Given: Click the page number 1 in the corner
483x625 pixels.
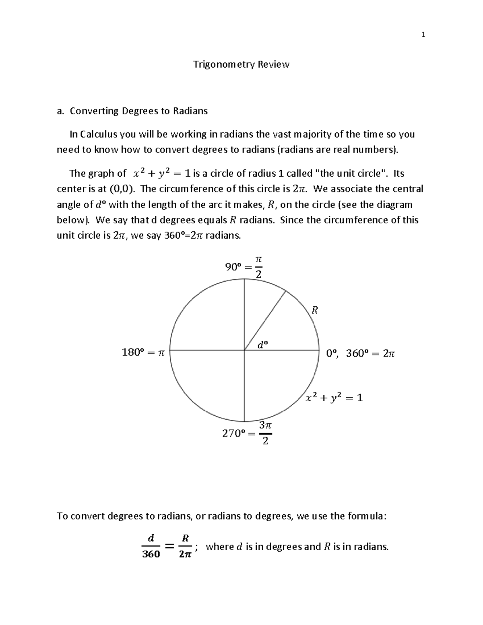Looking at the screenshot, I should pyautogui.click(x=423, y=35).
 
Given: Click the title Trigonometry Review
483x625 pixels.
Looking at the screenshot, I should pyautogui.click(x=241, y=64).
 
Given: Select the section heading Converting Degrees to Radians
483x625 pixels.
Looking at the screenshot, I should pyautogui.click(x=138, y=111).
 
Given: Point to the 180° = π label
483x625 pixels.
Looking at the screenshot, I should pyautogui.click(x=143, y=353).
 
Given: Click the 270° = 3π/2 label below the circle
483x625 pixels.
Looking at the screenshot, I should pyautogui.click(x=247, y=433).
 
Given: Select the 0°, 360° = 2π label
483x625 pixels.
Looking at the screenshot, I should pyautogui.click(x=360, y=353).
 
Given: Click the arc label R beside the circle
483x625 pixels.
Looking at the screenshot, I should pyautogui.click(x=315, y=310).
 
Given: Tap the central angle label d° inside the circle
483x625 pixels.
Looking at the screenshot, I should pyautogui.click(x=262, y=344).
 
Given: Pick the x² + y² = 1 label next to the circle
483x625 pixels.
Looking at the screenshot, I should pyautogui.click(x=334, y=398).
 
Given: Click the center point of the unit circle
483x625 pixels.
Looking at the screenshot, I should pyautogui.click(x=244, y=350).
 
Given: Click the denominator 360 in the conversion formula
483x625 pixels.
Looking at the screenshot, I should pyautogui.click(x=151, y=554).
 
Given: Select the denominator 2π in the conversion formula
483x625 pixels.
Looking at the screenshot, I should pyautogui.click(x=185, y=554).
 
